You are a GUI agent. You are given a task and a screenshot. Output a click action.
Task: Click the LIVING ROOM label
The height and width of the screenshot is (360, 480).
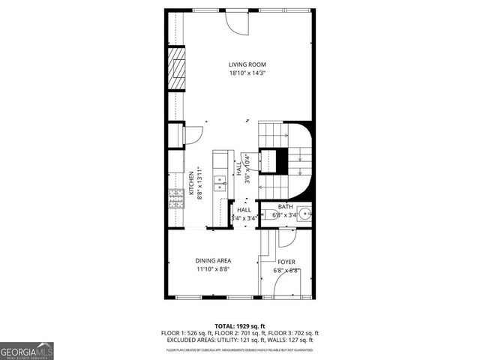pyautogui.click(x=247, y=64)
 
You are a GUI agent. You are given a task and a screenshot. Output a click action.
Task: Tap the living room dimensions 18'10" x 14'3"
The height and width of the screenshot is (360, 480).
pyautogui.click(x=247, y=73)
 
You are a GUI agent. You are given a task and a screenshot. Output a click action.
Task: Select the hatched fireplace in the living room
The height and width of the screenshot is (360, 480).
pyautogui.click(x=176, y=69)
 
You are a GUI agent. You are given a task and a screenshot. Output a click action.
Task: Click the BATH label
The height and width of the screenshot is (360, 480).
pyautogui.click(x=285, y=207)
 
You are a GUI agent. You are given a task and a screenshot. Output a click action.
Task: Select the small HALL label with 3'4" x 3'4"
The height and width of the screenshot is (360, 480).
pyautogui.click(x=244, y=214)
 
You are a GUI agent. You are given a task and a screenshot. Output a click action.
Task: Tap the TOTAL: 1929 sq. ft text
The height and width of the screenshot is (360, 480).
pyautogui.click(x=240, y=326)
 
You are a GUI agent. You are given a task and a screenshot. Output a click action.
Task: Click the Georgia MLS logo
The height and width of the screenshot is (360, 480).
pyautogui.click(x=26, y=351)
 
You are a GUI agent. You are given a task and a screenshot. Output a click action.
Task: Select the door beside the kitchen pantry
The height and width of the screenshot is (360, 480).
pyautogui.click(x=193, y=135)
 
